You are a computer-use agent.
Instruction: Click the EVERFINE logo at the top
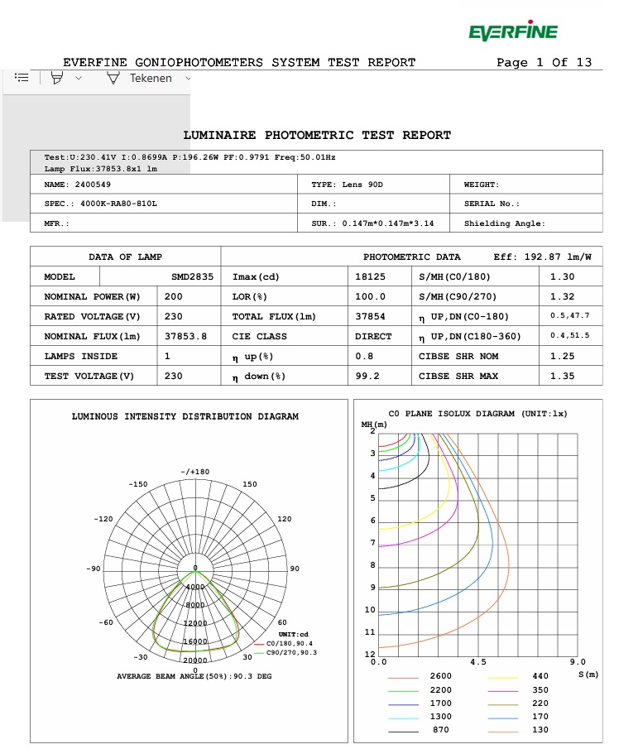tap(512, 32)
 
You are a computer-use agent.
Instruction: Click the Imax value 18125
tap(369, 276)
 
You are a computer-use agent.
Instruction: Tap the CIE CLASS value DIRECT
tap(373, 336)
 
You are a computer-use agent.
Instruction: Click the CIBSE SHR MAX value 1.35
tap(562, 376)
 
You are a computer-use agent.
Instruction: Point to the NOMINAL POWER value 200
tap(174, 296)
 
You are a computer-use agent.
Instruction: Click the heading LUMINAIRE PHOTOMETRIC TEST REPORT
tap(317, 135)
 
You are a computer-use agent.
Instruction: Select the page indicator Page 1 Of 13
tap(544, 62)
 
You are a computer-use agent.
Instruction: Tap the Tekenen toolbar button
tap(150, 78)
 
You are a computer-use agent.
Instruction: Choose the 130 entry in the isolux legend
tap(540, 730)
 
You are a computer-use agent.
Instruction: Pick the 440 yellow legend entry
tap(540, 676)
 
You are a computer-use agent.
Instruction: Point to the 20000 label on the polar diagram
tap(195, 660)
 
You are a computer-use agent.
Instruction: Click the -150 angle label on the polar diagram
tap(138, 484)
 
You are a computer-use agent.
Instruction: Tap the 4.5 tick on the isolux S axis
tap(477, 662)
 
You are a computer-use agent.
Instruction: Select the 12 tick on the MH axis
tap(370, 655)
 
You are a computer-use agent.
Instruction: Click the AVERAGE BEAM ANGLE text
tap(194, 676)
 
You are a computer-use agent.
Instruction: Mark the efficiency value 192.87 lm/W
tap(568, 257)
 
